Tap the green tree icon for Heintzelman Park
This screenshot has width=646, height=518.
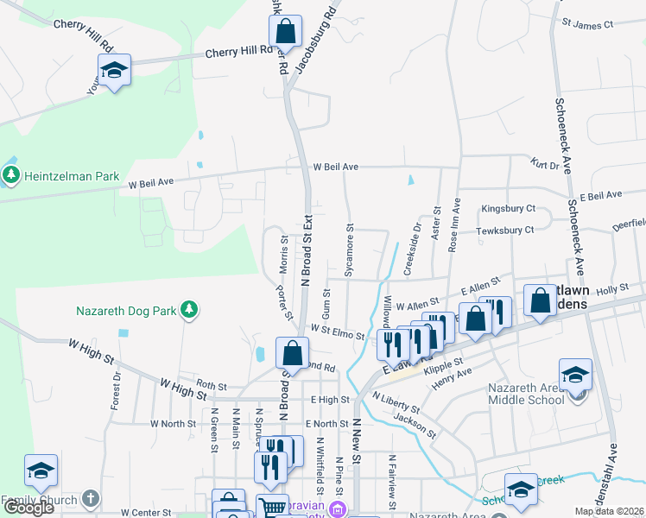pos(11,176)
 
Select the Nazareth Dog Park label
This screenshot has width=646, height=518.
pos(126,309)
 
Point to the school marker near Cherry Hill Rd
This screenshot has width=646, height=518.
pos(113,71)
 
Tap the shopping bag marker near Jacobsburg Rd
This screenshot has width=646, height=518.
pos(285,33)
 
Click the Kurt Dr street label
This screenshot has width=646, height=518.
pos(546,164)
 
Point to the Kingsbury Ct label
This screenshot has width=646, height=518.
pos(509,209)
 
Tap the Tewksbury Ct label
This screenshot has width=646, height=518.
pos(508,230)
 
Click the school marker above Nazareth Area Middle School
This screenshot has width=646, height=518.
pos(575,375)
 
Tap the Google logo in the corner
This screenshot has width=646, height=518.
pos(28,508)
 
